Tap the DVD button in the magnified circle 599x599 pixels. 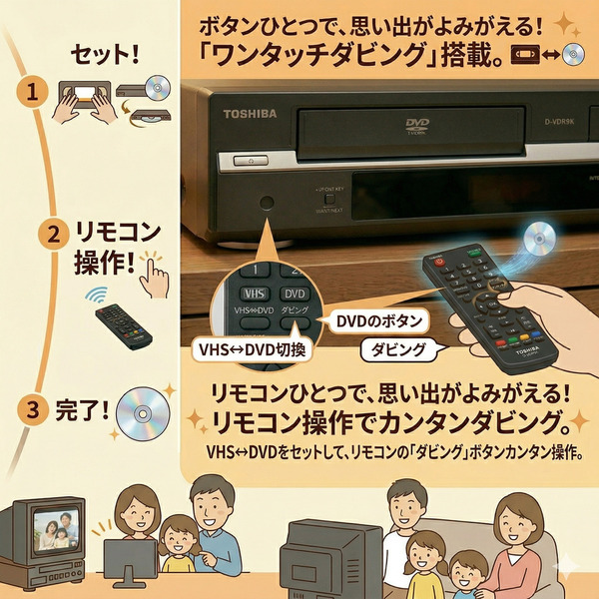pyautogui.click(x=294, y=295)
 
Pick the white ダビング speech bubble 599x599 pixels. pyautogui.click(x=397, y=350)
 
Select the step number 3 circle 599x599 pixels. pyautogui.click(x=34, y=408)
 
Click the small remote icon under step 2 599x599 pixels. pyautogui.click(x=123, y=324)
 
